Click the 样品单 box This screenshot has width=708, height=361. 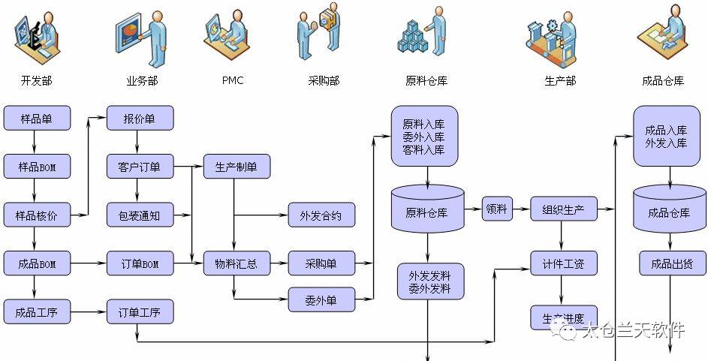click(x=37, y=118)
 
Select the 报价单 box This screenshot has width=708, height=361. click(x=140, y=118)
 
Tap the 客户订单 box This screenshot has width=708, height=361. click(x=140, y=167)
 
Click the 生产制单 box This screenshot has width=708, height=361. click(x=237, y=167)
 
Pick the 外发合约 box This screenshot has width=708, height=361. click(x=321, y=216)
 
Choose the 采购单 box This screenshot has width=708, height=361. click(x=321, y=263)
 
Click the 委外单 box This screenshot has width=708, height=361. click(x=321, y=300)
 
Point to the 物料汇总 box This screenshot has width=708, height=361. click(x=237, y=263)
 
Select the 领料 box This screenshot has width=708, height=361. click(x=496, y=209)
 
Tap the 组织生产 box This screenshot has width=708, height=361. click(x=563, y=209)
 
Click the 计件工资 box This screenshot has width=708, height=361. click(x=563, y=263)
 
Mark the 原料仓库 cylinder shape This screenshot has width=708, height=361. click(x=427, y=209)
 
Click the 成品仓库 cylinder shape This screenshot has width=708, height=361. click(x=669, y=209)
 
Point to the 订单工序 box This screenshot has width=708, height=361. click(x=140, y=311)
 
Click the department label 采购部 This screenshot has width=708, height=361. click(x=324, y=80)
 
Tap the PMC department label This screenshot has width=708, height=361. click(x=233, y=80)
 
